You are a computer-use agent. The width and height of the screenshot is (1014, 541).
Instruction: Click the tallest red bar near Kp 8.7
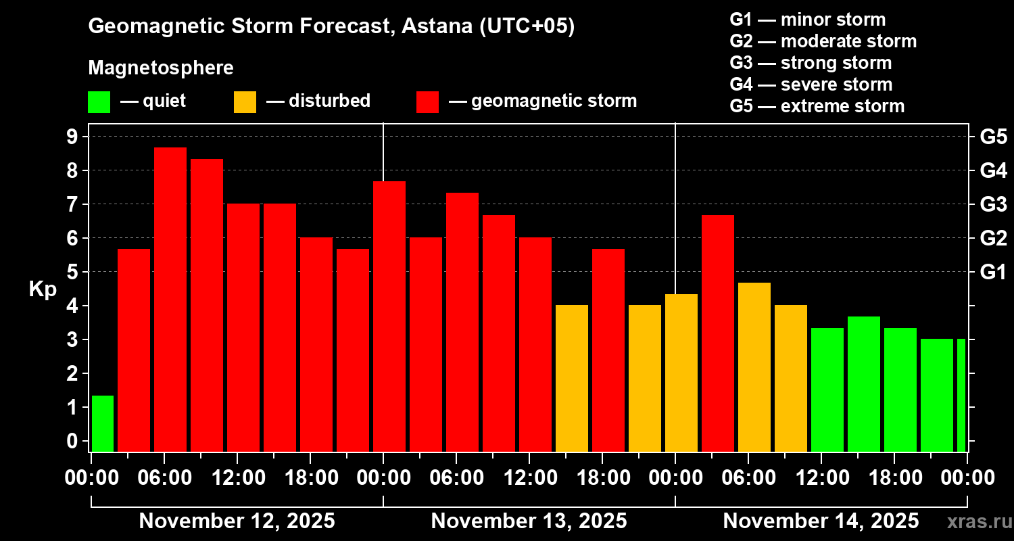tap(170, 300)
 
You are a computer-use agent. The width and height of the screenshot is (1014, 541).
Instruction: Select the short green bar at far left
tap(103, 423)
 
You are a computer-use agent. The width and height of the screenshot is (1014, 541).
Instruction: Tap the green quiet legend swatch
tap(99, 102)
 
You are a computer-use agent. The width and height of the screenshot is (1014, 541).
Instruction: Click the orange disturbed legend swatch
tap(245, 102)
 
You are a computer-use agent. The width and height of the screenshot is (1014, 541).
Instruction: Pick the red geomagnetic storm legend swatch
tap(428, 102)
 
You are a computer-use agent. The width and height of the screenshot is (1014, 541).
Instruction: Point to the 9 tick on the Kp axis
tap(72, 137)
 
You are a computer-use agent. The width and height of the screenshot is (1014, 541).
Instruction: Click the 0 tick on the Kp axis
tap(72, 441)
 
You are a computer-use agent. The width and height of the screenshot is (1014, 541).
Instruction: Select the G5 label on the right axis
tap(994, 137)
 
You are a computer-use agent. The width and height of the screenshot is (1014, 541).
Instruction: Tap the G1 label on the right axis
tap(993, 272)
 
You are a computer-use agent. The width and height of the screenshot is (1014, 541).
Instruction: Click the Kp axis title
tap(43, 289)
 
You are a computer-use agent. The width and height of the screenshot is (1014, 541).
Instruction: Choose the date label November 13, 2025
tap(529, 521)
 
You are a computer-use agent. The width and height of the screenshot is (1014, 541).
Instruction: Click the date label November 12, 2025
tap(237, 521)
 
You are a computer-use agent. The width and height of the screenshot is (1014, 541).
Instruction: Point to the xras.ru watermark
tap(980, 522)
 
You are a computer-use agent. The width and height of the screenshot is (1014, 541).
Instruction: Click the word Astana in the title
tap(437, 26)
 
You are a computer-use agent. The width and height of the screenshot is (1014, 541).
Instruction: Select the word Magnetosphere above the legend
tap(161, 68)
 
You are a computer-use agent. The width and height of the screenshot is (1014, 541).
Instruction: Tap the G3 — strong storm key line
tap(811, 63)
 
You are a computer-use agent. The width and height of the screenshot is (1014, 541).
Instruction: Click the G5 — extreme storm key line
tap(817, 106)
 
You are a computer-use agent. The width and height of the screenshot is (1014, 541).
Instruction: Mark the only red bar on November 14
tap(718, 333)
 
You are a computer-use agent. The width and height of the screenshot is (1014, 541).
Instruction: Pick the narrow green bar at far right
tap(961, 395)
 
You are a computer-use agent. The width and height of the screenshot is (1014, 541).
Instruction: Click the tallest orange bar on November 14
tap(754, 367)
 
